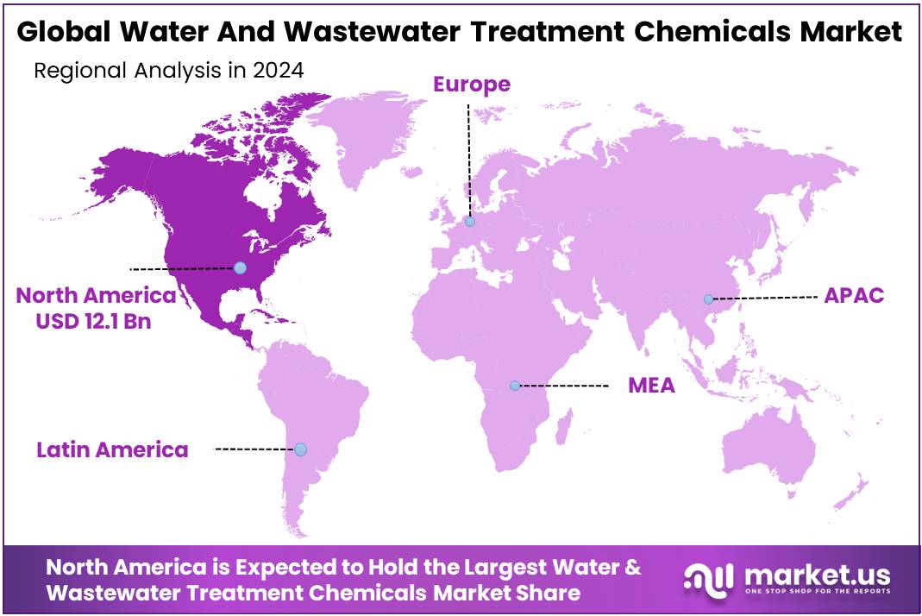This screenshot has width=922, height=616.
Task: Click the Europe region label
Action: (x=471, y=85)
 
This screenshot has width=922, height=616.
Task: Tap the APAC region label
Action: (x=853, y=295)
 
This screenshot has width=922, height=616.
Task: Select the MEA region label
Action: (x=651, y=385)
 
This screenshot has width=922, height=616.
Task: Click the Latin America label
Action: (x=112, y=449)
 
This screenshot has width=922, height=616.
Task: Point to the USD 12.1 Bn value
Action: (x=96, y=321)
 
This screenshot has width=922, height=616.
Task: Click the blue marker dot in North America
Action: (x=240, y=268)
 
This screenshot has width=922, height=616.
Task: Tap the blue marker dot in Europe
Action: (x=470, y=222)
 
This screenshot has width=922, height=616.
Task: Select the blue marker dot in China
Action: (x=708, y=299)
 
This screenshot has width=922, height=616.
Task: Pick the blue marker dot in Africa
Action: (x=515, y=386)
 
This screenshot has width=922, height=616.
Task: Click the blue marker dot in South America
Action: (x=300, y=449)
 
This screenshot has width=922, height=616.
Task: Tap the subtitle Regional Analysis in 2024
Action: (x=168, y=71)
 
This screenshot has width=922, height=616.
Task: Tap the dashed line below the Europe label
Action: (x=468, y=155)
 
